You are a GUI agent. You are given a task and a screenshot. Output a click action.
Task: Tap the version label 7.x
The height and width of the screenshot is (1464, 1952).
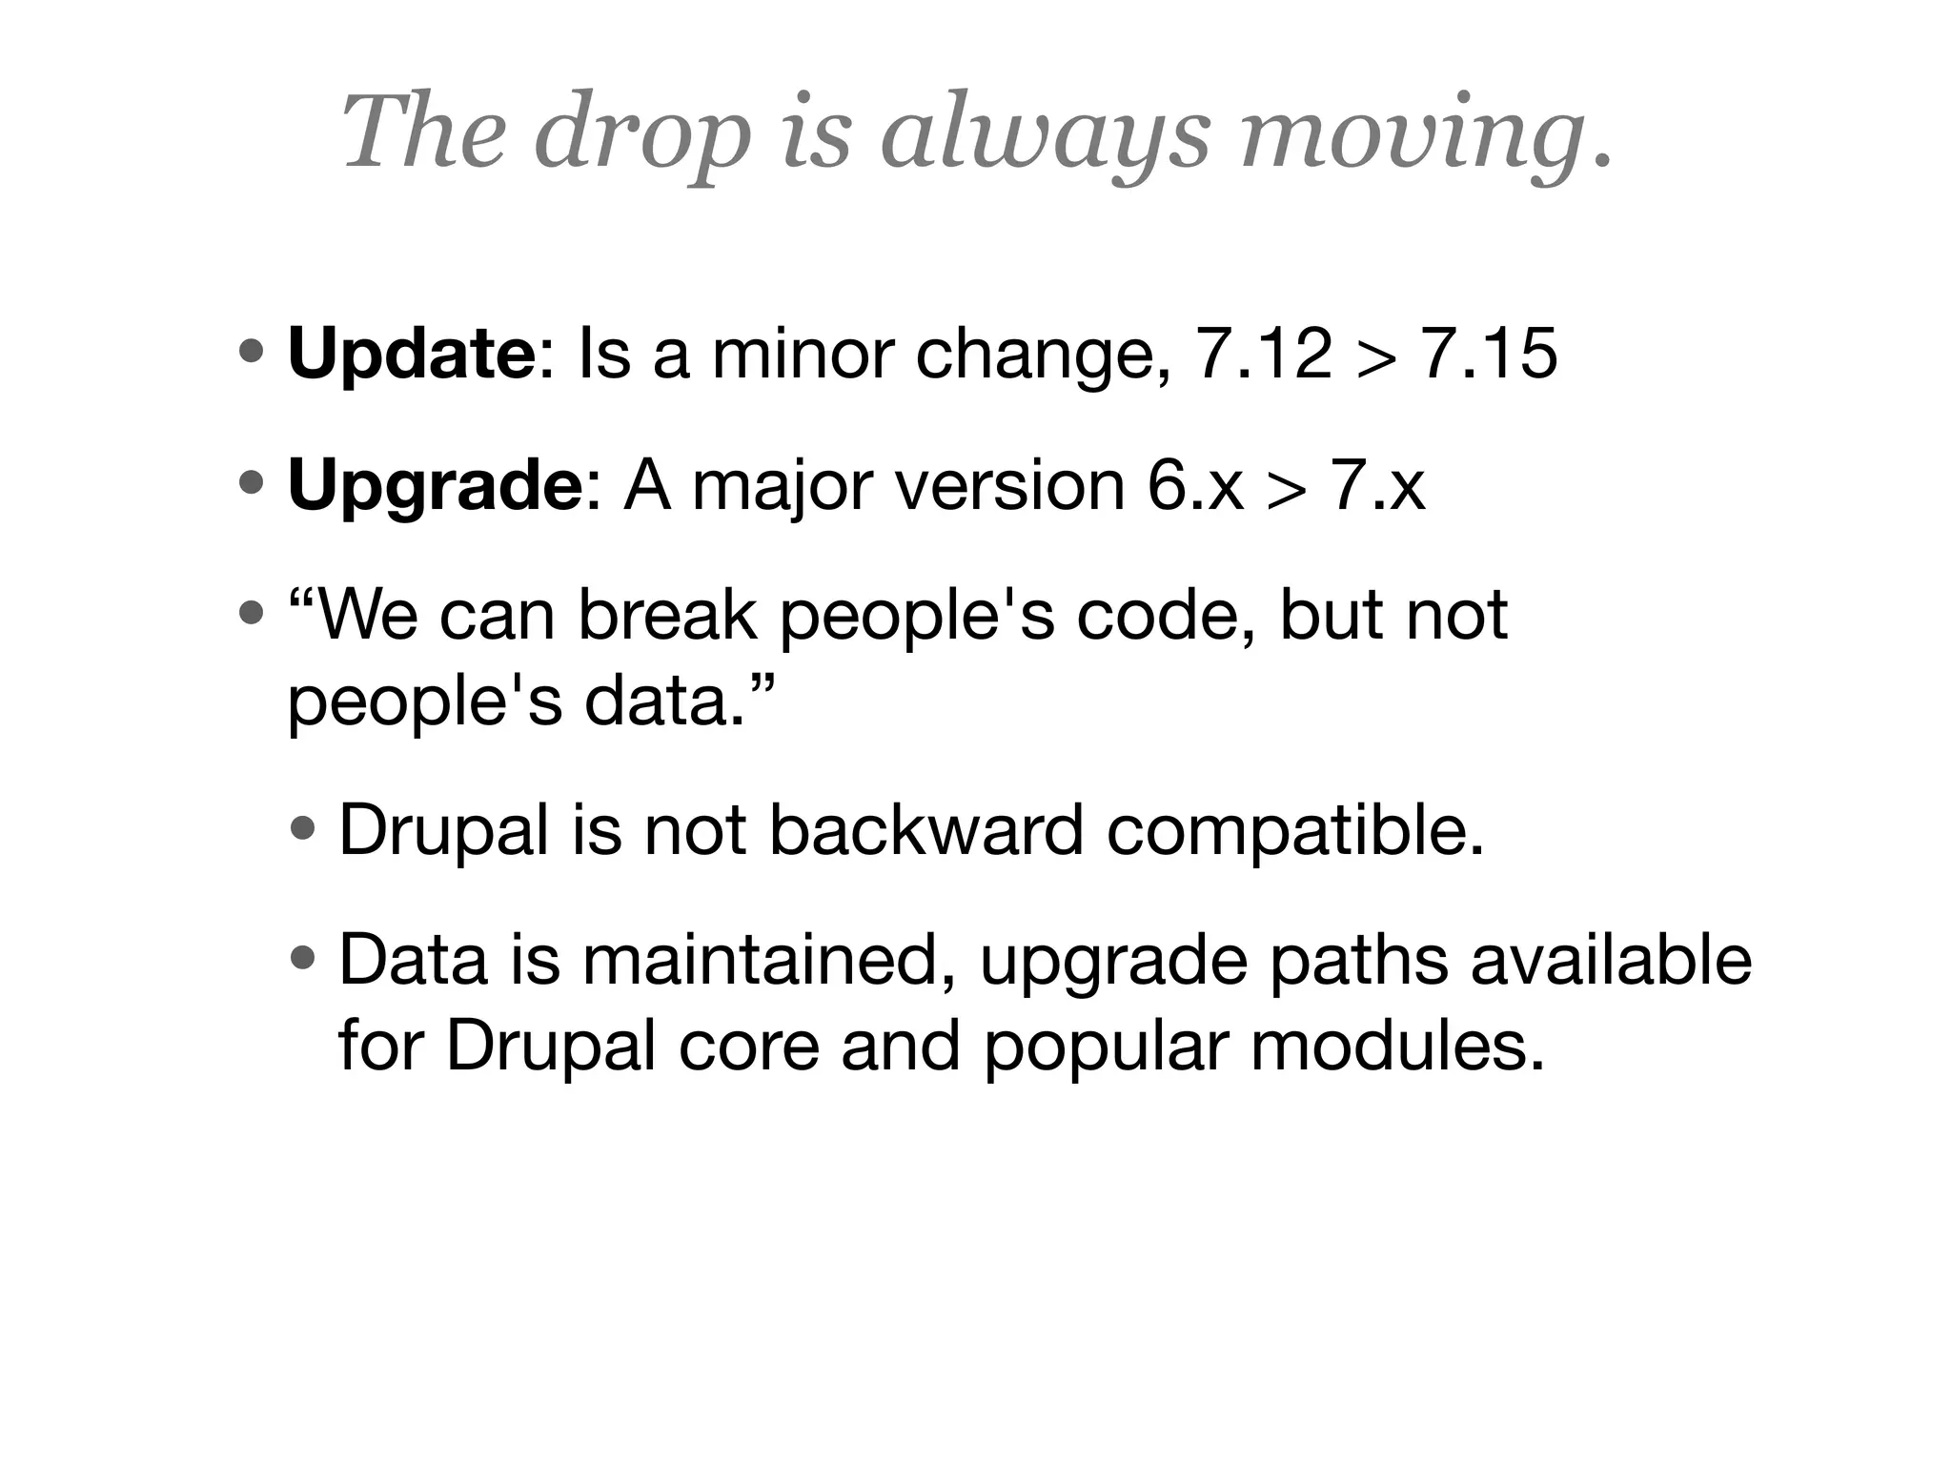pos(1377,486)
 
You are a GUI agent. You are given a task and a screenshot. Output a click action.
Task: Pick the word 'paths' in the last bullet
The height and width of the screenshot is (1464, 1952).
pos(1357,960)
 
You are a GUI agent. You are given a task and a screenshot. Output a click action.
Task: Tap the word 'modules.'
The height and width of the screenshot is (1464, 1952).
pos(1396,1047)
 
